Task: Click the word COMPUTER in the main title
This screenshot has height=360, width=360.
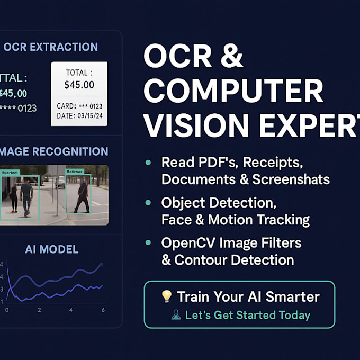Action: [234, 92]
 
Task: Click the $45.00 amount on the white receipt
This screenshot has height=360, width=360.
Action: [79, 85]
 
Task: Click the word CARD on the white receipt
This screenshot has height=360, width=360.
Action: [66, 106]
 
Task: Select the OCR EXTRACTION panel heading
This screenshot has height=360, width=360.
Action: [50, 47]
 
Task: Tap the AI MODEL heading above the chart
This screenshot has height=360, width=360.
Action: [52, 249]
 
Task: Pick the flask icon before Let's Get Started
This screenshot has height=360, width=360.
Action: [176, 315]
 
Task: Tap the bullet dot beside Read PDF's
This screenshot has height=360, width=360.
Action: [149, 163]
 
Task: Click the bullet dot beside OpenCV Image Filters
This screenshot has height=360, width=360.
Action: [149, 243]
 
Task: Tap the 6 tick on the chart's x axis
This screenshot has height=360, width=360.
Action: [103, 310]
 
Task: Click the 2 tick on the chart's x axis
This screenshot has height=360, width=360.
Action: [39, 310]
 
